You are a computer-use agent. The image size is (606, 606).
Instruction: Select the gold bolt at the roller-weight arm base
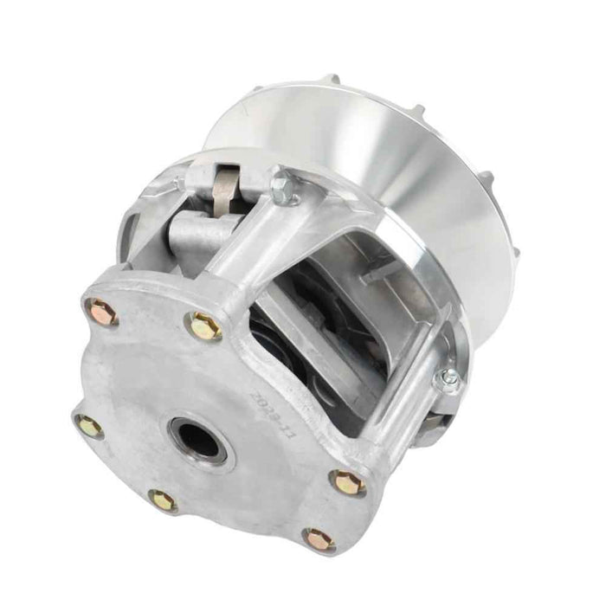point(206,326)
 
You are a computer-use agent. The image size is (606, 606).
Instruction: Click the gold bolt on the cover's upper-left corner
point(100,310)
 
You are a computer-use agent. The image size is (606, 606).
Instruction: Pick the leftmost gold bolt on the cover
point(88,424)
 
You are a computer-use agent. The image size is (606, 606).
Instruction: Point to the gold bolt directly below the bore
point(162,500)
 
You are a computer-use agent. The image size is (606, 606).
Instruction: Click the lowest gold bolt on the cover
point(319,538)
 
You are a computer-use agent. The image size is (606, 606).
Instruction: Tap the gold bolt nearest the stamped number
point(348,482)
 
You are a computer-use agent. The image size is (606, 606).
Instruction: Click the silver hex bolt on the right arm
point(448,379)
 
